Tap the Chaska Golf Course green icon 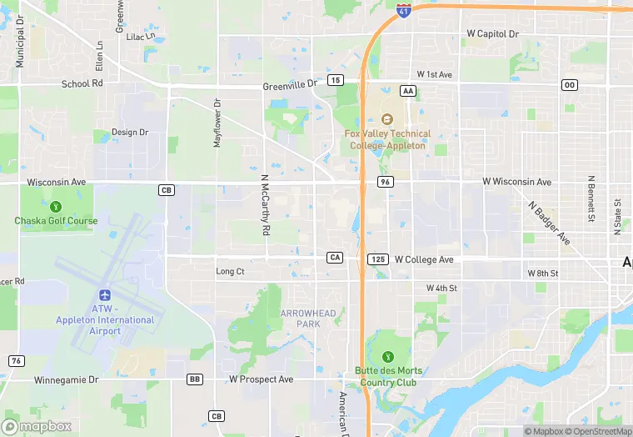56,206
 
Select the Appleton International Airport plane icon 105,295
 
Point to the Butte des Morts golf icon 386,357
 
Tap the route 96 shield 384,182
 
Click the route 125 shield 377,259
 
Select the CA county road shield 335,258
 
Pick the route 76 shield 16,360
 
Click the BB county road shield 195,379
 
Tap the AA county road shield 407,90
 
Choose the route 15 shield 335,80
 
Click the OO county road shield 570,85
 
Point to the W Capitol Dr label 492,35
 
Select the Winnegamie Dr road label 66,379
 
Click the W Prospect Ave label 262,379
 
